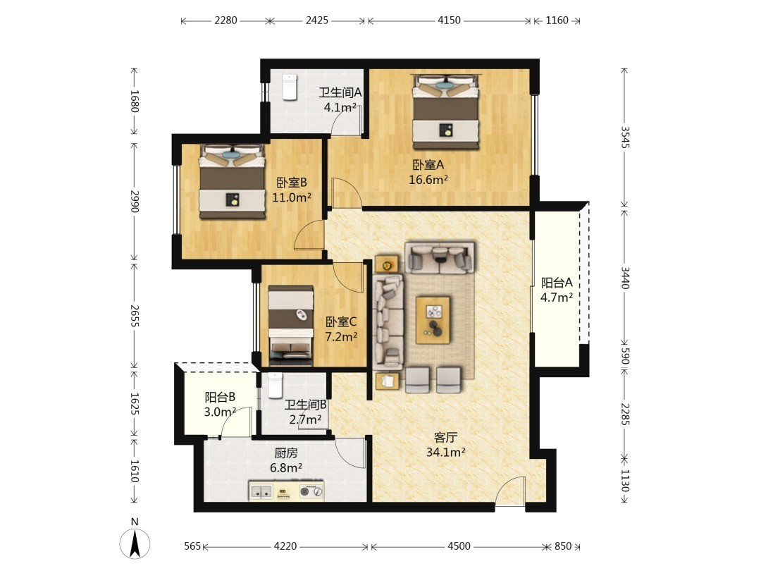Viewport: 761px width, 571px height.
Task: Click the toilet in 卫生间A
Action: [x=290, y=87]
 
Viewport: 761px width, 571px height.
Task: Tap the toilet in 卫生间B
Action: [x=276, y=386]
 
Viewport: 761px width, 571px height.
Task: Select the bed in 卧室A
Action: [x=445, y=111]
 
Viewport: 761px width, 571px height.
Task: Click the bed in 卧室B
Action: [x=233, y=182]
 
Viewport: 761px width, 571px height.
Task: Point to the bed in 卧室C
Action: [x=291, y=325]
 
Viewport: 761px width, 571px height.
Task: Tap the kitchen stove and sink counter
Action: [x=286, y=491]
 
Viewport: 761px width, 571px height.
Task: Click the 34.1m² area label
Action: [x=445, y=453]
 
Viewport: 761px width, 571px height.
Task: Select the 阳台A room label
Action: [x=557, y=283]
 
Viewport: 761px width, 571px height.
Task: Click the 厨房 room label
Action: [x=286, y=453]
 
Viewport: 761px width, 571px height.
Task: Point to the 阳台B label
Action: [x=220, y=397]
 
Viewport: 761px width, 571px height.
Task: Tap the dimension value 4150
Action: [x=449, y=20]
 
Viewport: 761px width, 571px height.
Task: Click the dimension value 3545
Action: [x=625, y=137]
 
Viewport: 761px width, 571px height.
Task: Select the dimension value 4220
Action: [x=285, y=546]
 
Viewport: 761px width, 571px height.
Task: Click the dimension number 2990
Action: [x=135, y=201]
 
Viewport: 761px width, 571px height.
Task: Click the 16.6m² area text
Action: [x=428, y=180]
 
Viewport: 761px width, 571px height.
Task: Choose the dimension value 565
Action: [x=192, y=546]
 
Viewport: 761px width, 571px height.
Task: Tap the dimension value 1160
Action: [x=557, y=20]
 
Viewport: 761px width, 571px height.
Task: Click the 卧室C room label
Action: [x=341, y=322]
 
